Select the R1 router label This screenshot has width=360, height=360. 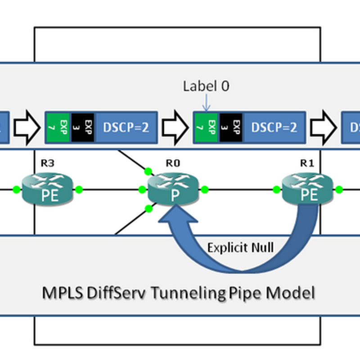[307, 163]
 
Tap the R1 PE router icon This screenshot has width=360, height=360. [307, 190]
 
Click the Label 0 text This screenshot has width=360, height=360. [206, 86]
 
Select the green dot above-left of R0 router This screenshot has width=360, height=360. [147, 171]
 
